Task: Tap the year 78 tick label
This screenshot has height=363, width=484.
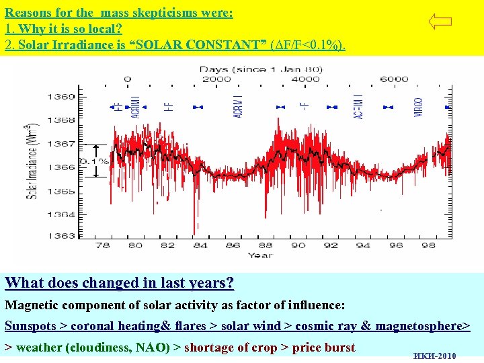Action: point(103,245)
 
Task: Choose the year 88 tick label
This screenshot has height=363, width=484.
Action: point(266,245)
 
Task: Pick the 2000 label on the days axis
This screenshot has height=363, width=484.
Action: point(216,79)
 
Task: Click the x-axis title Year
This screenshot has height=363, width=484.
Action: point(260,255)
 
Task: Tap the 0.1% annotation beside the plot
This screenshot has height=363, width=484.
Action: point(93,162)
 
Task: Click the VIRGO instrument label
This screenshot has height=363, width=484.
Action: point(418,108)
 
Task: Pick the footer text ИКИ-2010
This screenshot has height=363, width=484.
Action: point(435,356)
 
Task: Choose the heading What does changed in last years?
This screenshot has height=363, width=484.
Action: point(119,283)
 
